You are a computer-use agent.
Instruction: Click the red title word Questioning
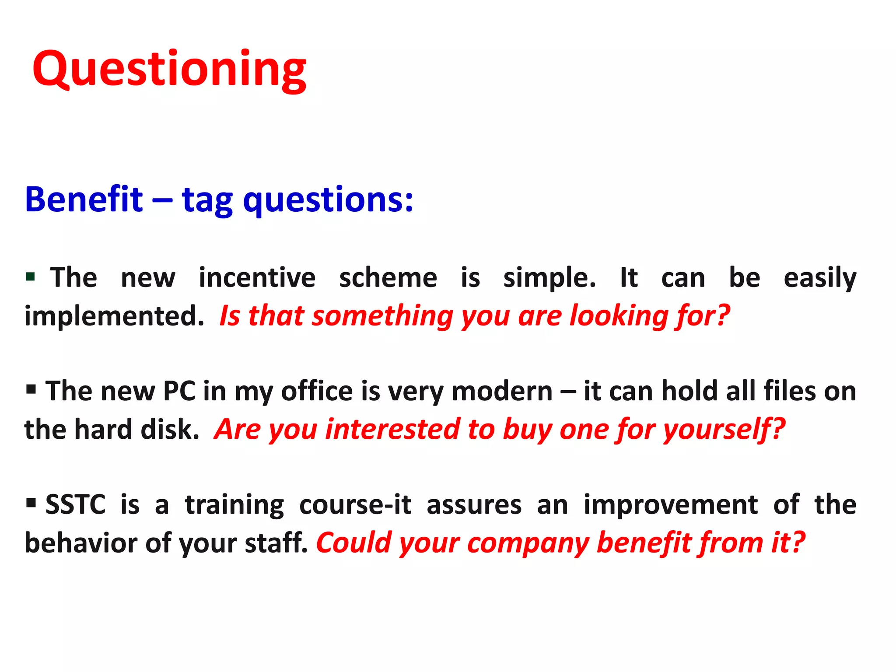(x=169, y=70)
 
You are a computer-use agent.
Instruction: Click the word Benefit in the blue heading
(x=84, y=199)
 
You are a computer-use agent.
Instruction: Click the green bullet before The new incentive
(x=30, y=276)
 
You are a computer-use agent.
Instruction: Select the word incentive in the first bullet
(x=257, y=278)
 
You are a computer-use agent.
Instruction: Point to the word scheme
(x=388, y=278)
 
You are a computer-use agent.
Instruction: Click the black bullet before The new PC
(x=31, y=389)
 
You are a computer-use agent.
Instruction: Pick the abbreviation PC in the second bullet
(x=178, y=391)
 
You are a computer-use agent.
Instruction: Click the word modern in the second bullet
(x=502, y=391)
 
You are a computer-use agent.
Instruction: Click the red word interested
(x=392, y=430)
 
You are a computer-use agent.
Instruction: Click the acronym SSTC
(x=75, y=504)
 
